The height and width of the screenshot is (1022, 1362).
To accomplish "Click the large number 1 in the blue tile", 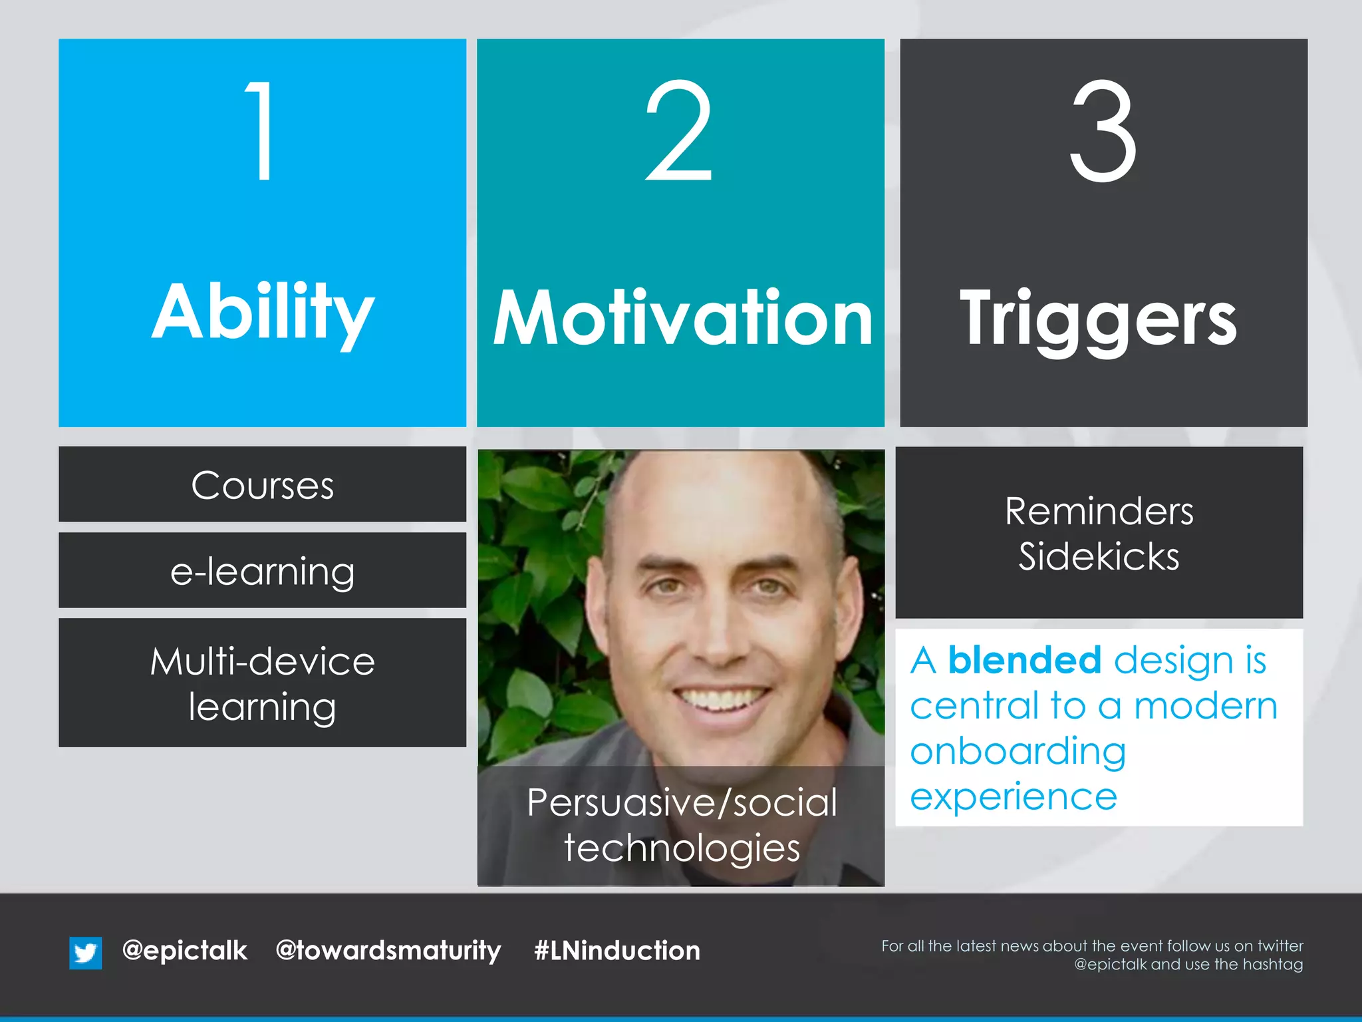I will coord(262,130).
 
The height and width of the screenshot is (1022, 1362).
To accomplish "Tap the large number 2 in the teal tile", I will coord(679,130).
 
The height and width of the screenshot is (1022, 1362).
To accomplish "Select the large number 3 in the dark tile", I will coord(1103,130).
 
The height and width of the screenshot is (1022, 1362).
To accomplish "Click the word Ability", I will coord(263,313).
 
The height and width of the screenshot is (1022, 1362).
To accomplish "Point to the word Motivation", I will coord(682,319).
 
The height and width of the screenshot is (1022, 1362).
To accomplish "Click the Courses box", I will coord(262,484).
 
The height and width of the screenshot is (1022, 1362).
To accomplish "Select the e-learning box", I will coord(262,571).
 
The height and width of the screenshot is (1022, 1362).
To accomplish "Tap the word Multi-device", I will coord(262,661).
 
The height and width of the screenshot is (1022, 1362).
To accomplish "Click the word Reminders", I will coord(1099,511).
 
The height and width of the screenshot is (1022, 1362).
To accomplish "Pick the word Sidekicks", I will coord(1099,556).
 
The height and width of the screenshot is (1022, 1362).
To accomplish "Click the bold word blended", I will coord(1024,660).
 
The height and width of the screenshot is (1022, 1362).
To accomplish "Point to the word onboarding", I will coord(1018,751).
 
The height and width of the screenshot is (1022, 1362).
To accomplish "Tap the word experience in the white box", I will coord(1013,796).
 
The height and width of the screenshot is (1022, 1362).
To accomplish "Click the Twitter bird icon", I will coord(86,952).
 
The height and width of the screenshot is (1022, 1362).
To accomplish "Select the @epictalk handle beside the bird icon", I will coord(185,950).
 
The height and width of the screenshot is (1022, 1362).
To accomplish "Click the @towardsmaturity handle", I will coord(388,950).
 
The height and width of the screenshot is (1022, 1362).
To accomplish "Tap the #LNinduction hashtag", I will coord(616,950).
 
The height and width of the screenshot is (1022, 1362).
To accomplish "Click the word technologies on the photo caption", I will coord(682,848).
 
